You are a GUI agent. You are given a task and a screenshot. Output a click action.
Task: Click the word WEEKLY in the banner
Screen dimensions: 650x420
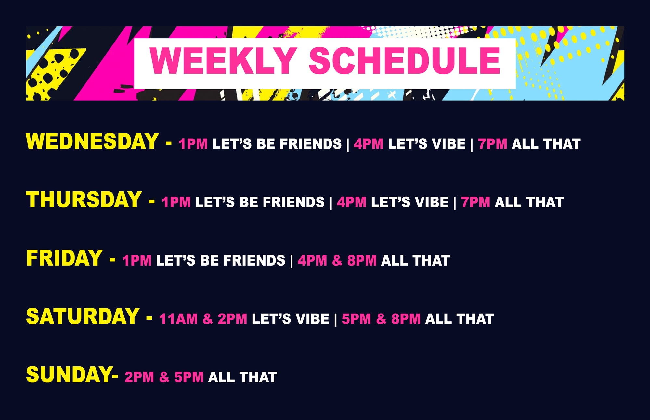[223, 61]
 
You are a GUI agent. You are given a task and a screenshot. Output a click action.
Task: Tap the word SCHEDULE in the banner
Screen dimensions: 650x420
[405, 61]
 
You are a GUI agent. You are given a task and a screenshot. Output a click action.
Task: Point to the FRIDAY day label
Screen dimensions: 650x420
[64, 258]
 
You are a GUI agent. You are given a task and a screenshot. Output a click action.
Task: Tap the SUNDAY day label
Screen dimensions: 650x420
[69, 375]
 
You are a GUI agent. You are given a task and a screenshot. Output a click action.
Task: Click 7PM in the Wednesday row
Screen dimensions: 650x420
[492, 144]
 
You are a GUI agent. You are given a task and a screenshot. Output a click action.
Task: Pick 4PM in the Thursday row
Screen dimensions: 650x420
[351, 202]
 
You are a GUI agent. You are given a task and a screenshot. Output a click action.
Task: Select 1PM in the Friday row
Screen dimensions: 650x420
[137, 261]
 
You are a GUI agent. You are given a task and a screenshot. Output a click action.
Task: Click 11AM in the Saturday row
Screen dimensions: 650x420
[178, 319]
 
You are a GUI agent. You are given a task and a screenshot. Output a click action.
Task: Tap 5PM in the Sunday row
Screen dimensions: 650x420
[189, 377]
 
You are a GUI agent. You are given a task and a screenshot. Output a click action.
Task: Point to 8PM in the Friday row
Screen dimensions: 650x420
[362, 261]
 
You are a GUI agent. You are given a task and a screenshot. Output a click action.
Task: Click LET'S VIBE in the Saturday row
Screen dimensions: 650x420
[290, 319]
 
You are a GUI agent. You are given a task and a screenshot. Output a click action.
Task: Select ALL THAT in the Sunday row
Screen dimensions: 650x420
[242, 377]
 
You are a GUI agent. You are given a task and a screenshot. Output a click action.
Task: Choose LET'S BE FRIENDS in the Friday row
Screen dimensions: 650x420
[221, 261]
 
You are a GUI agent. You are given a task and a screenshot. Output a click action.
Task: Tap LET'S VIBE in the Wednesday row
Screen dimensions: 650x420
[426, 144]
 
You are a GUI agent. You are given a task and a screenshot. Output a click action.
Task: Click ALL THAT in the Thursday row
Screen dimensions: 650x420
[529, 202]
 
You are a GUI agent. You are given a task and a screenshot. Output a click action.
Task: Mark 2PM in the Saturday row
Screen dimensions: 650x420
[232, 319]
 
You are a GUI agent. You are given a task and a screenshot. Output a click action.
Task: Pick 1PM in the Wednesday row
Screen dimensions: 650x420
[193, 144]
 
